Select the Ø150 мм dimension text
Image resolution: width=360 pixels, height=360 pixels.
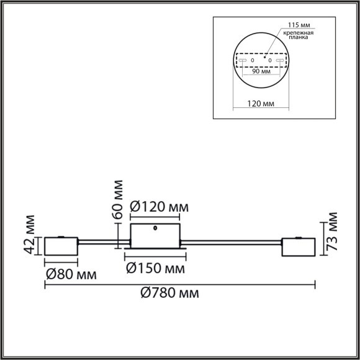156,268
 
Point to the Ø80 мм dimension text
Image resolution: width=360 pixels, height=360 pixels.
70,273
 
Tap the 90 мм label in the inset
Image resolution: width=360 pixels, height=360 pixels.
262,71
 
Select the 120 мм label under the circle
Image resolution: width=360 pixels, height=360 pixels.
261,103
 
